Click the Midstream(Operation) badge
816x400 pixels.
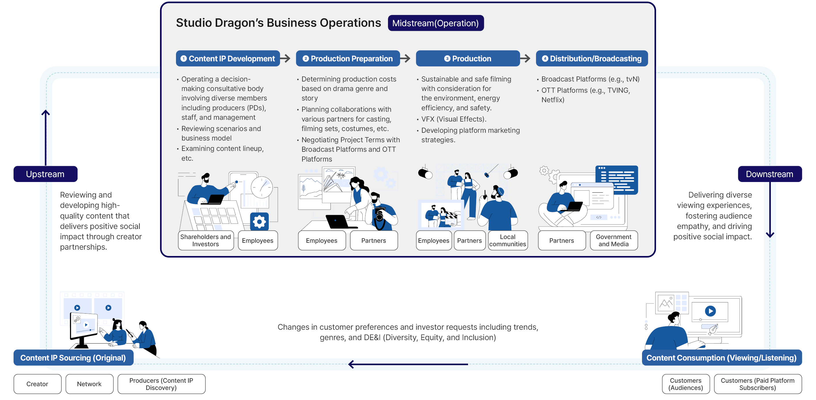(x=436, y=23)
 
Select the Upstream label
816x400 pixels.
(x=45, y=174)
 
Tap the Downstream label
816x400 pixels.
(x=770, y=174)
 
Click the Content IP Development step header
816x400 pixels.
(x=228, y=58)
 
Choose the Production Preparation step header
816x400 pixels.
(x=348, y=58)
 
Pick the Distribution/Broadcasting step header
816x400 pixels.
(x=592, y=58)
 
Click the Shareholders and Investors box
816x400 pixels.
(x=206, y=240)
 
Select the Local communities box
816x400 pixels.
(x=508, y=240)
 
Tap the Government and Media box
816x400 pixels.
(x=614, y=240)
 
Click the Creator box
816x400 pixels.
(x=37, y=384)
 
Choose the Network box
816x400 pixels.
(x=89, y=384)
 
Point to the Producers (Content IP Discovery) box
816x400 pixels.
(x=161, y=384)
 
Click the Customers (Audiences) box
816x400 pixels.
(x=686, y=384)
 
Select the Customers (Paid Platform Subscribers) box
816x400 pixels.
(x=758, y=384)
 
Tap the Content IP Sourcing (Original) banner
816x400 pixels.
(x=73, y=358)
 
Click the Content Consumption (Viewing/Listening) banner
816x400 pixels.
(x=722, y=358)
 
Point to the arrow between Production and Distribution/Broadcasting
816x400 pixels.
(x=525, y=58)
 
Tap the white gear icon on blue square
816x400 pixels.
(x=260, y=221)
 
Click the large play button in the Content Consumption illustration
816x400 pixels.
(x=710, y=311)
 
